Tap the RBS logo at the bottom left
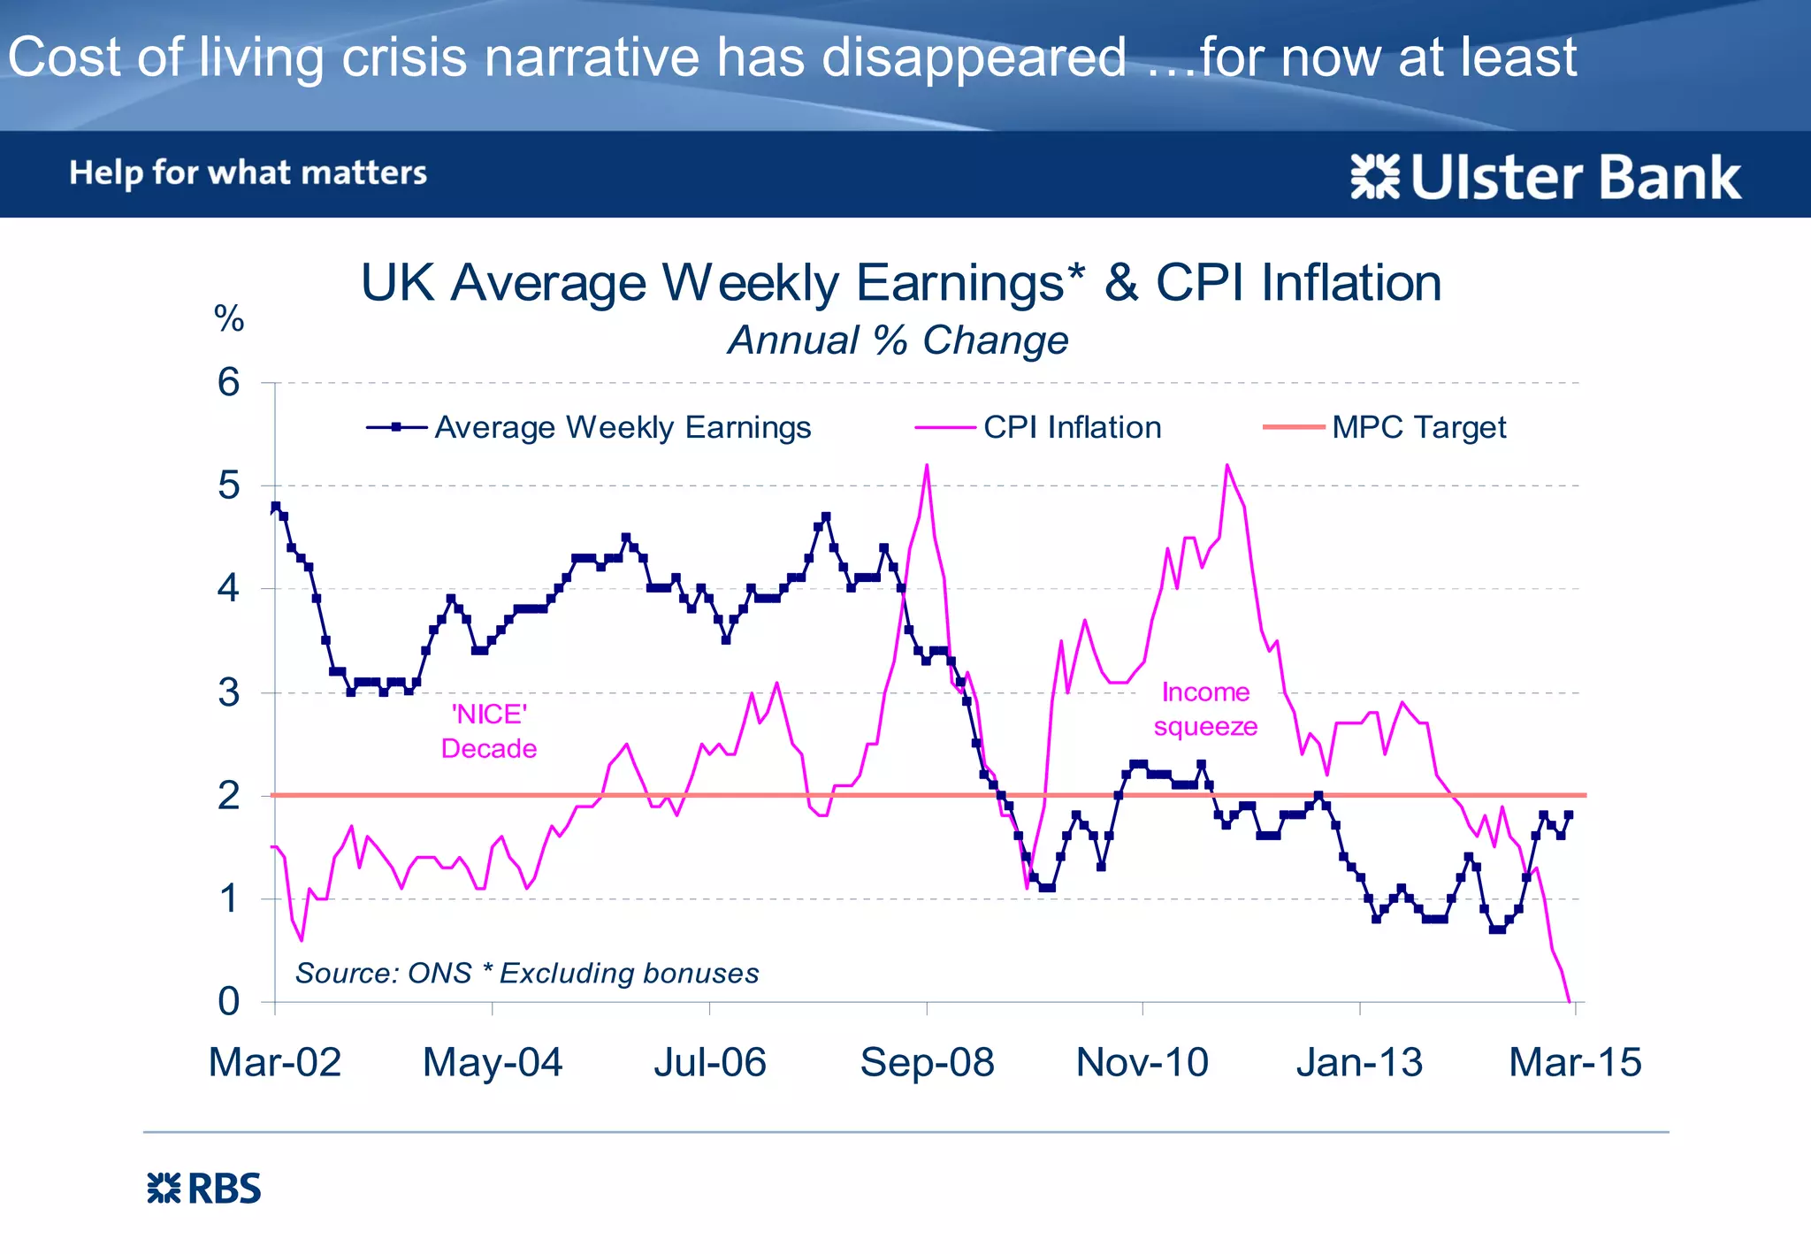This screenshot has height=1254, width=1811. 204,1189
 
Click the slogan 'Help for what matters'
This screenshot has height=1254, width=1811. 248,172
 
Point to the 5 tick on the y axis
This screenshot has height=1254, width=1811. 228,486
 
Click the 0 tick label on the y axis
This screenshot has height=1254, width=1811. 228,1001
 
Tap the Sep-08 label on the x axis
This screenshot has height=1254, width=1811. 927,1062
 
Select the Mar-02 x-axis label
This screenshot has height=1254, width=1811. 275,1062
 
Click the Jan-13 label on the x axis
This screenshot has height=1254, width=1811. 1359,1062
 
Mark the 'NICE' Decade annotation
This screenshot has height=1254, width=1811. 489,731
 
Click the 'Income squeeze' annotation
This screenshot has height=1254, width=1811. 1205,709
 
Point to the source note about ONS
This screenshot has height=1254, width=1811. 527,973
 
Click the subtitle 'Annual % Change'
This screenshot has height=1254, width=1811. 898,340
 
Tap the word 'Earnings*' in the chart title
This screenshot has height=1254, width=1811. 969,284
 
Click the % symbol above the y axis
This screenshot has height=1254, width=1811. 229,318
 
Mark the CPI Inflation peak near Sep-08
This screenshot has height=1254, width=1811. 927,465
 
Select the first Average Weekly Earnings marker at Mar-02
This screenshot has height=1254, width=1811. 275,507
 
